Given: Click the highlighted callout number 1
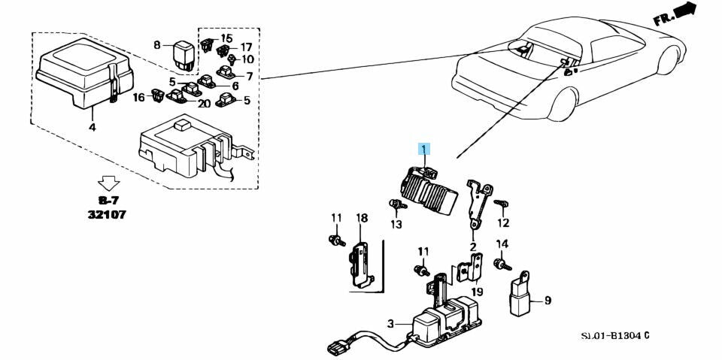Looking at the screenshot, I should [424, 149].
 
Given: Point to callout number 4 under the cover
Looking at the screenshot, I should [93, 129].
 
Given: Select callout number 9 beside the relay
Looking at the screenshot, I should [548, 301].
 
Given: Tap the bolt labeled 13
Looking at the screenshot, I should [394, 204].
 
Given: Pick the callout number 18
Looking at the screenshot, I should [362, 218].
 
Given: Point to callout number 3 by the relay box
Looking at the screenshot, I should [390, 324].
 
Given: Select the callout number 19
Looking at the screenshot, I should [477, 292].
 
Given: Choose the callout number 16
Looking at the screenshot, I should [138, 97].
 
